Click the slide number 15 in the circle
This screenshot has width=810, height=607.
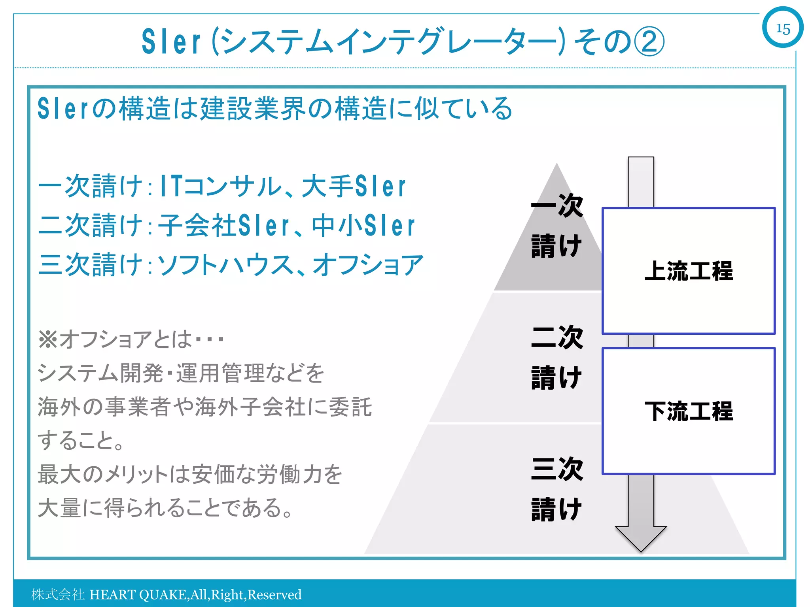click(x=783, y=28)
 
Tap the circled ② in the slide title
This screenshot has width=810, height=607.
click(x=649, y=41)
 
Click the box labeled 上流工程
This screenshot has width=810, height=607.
click(x=688, y=271)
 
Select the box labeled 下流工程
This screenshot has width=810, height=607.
click(x=688, y=411)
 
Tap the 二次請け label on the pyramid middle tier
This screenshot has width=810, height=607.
click(x=557, y=358)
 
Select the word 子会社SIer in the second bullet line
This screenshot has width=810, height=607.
click(x=224, y=226)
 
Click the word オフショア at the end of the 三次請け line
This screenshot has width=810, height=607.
click(x=368, y=265)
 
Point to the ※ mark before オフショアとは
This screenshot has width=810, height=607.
click(x=48, y=339)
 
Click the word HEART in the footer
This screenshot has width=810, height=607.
click(x=112, y=595)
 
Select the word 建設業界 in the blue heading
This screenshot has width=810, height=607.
click(x=253, y=109)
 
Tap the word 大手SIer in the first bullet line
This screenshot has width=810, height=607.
click(x=354, y=186)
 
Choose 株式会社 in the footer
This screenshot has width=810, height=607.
click(x=58, y=595)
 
